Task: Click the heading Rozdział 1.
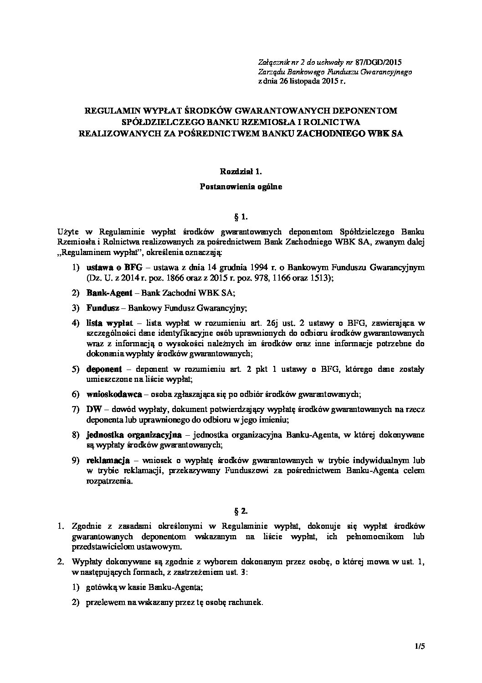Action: tap(241, 172)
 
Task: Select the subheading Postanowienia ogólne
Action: tap(241, 186)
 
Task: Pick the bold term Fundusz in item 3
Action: tap(103, 308)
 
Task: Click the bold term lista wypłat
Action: tap(109, 323)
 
